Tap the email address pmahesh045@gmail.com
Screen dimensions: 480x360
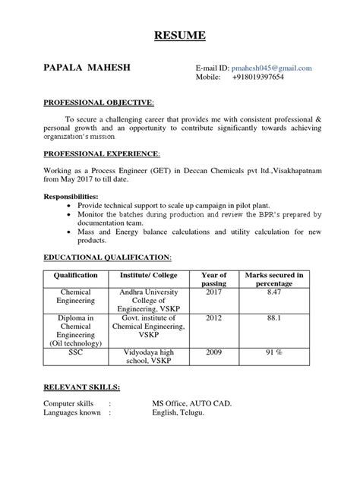[266, 68]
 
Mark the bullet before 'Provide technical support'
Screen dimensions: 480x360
[71, 206]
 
